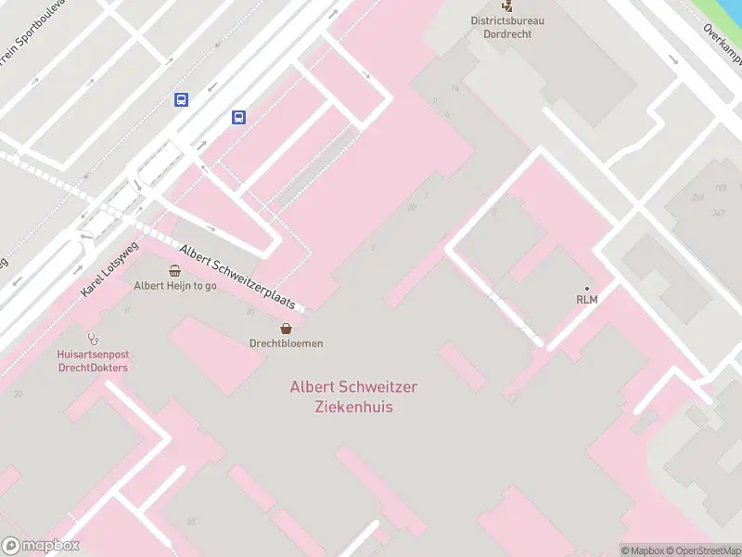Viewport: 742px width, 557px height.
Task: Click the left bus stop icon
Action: (181, 99)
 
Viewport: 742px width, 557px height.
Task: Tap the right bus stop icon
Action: (238, 117)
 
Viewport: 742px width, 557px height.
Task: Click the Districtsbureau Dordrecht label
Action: (507, 27)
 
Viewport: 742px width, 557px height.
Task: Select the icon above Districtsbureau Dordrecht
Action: (506, 6)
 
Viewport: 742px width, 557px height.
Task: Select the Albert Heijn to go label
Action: (175, 286)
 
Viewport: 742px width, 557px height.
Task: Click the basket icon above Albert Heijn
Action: (175, 270)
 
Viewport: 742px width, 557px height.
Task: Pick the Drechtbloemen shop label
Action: (287, 343)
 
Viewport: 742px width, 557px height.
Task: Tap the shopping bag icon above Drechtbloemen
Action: (287, 328)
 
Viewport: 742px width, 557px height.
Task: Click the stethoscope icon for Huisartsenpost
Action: (92, 339)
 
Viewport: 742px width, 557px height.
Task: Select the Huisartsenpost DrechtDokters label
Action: (92, 361)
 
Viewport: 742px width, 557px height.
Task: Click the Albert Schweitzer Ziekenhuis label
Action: (340, 396)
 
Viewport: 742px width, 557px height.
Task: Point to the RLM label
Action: (586, 299)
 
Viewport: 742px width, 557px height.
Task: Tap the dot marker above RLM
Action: (586, 288)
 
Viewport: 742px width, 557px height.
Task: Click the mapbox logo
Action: (41, 546)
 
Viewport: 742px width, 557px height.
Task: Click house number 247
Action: (719, 214)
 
